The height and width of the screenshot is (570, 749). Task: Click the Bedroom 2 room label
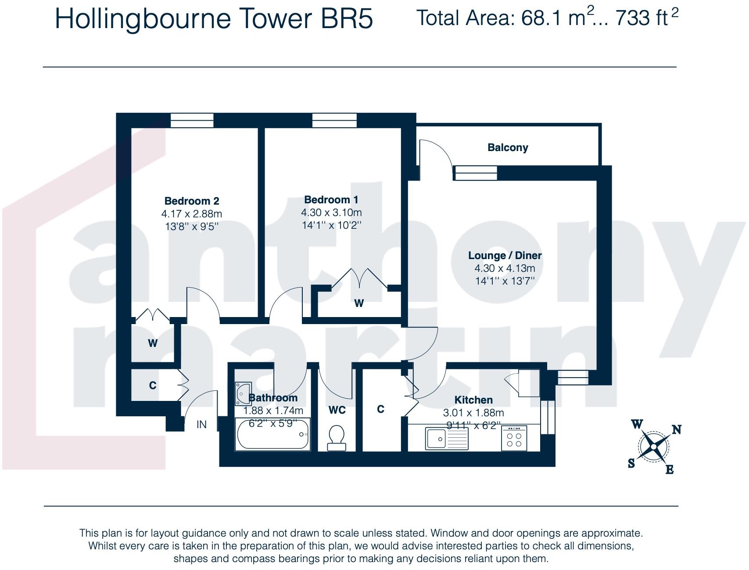pos(191,201)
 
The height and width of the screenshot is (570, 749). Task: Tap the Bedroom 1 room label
pos(331,200)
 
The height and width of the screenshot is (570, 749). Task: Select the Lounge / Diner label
pos(505,256)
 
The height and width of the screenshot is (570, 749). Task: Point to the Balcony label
pos(508,148)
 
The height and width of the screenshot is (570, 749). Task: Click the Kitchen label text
pos(473,400)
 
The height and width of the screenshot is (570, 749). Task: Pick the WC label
pos(337,410)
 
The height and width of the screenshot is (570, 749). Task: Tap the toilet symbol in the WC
pos(337,438)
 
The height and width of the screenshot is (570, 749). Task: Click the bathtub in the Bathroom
pos(273,434)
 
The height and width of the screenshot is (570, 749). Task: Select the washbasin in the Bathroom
pos(243,393)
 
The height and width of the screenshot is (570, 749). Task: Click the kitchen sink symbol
pos(447,439)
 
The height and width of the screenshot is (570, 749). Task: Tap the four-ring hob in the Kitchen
pos(514,438)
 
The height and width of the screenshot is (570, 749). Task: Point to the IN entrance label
pos(201,425)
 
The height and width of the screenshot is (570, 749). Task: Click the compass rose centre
pos(654,447)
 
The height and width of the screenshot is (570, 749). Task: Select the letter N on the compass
pos(677,429)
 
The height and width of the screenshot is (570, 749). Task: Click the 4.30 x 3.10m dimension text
pos(331,213)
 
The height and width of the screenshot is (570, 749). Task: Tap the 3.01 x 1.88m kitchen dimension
pos(473,413)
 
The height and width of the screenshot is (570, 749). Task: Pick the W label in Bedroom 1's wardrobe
pos(359,303)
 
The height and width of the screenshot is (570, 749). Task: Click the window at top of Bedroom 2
pos(192,120)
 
